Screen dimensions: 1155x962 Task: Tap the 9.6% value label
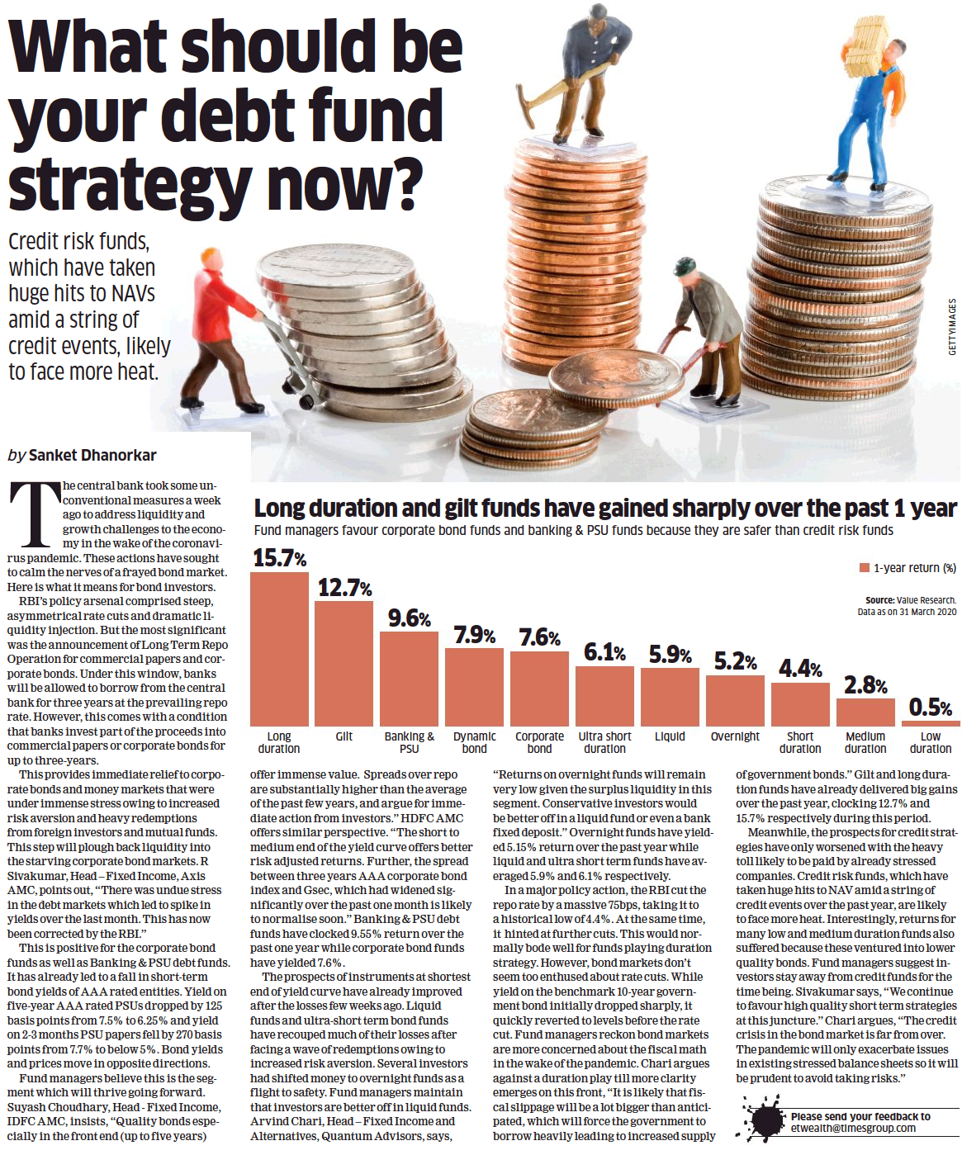[x=410, y=618]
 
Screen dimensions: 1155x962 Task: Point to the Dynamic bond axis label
[x=475, y=742]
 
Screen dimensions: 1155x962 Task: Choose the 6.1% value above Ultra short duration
[x=604, y=653]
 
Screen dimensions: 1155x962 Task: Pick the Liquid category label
[x=670, y=736]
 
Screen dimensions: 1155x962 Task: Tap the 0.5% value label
[x=931, y=708]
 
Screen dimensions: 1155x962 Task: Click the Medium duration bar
[x=865, y=712]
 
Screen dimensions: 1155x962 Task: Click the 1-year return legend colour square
[x=865, y=568]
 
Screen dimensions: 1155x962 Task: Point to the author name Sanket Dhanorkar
[x=92, y=455]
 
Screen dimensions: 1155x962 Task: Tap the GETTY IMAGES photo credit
[x=952, y=327]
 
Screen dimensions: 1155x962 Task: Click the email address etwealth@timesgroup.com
[x=853, y=1129]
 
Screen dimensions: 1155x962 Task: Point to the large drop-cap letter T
[x=34, y=515]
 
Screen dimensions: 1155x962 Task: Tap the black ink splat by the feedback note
[x=764, y=1119]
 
